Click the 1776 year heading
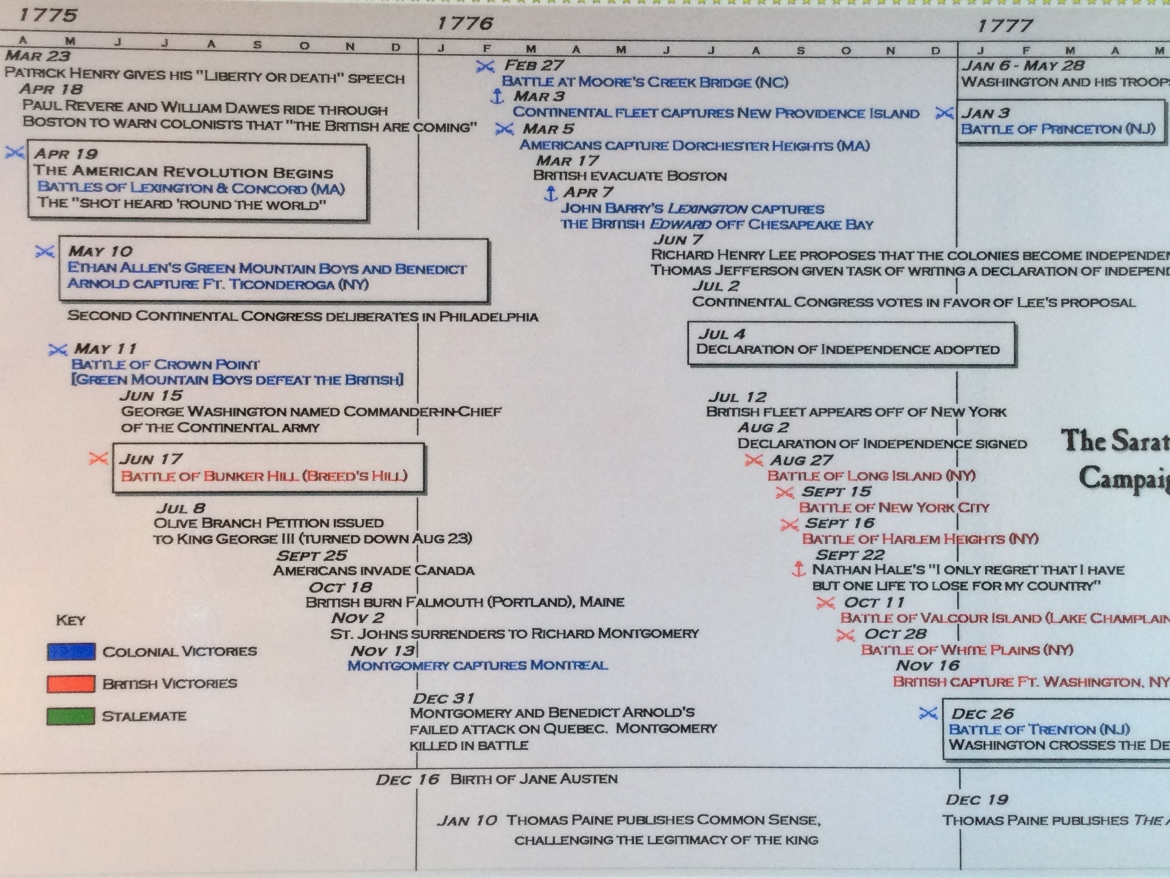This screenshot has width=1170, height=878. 465,23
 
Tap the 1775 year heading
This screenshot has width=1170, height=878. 48,15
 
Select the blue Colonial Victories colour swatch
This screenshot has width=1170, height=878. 71,651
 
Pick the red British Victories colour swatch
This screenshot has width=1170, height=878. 71,683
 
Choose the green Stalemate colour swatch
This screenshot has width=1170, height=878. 71,716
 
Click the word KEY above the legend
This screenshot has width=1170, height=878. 70,620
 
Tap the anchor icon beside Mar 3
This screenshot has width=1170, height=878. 497,97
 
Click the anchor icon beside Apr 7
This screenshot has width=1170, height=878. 551,193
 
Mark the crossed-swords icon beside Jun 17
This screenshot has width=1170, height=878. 98,458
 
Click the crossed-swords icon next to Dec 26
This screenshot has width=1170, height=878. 928,713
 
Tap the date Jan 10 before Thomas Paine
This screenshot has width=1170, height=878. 467,820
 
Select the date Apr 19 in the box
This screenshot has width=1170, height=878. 66,154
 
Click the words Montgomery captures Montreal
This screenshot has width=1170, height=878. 477,665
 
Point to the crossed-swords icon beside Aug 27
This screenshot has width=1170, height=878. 753,461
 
